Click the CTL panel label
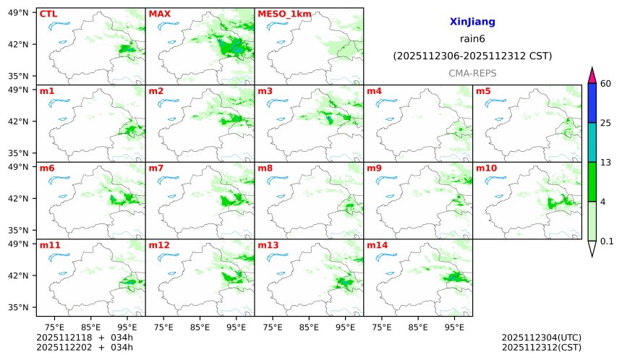pos(48,14)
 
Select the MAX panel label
pos(159,14)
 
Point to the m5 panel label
pos(483,91)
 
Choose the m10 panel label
pos(486,168)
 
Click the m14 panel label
pos(377,245)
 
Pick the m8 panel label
pos(265,168)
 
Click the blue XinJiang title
pos(472,22)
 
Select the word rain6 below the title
pos(472,39)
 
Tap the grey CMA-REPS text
pos(472,74)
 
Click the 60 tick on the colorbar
pos(606,84)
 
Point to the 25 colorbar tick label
pos(606,123)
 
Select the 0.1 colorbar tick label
pos(608,241)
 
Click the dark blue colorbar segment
pos(592,103)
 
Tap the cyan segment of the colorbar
pos(592,142)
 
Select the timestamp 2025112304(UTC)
pos(541,338)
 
